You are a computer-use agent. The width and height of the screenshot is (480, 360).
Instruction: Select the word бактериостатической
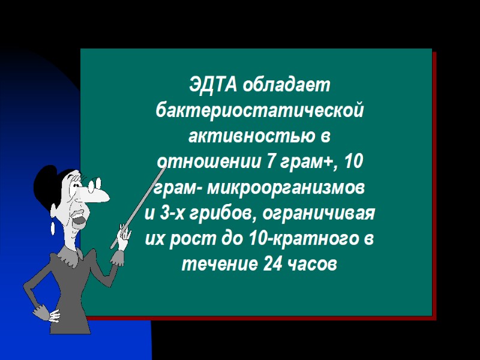coord(259,111)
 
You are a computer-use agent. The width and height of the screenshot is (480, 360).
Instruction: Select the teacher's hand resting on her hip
coord(45,312)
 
